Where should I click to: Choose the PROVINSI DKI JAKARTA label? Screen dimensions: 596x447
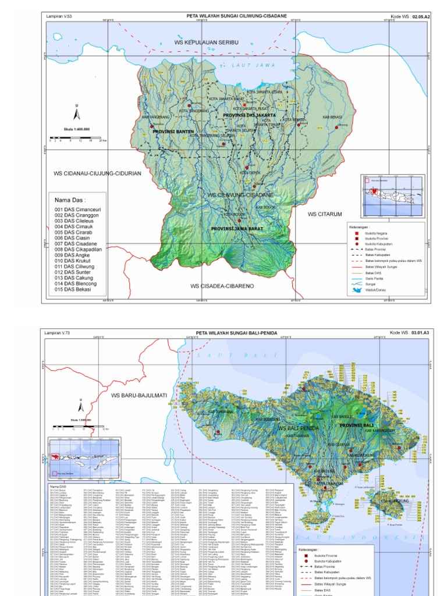[x=250, y=115]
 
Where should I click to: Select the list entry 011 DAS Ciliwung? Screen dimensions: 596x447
[x=76, y=267]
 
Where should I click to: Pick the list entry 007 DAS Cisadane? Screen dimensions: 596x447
[x=76, y=244]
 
